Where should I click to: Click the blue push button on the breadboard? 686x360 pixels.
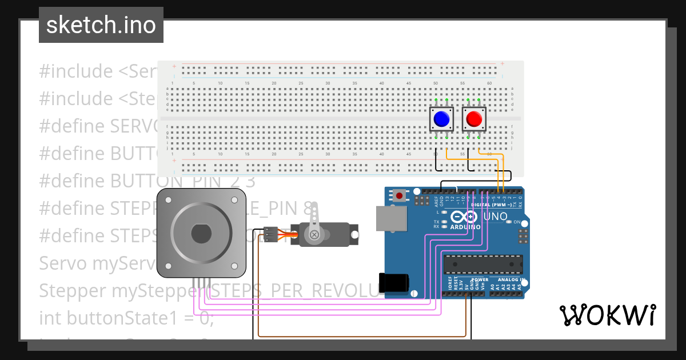[441, 119]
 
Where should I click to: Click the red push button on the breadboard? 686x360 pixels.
[474, 119]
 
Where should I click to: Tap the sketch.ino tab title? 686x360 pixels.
[101, 25]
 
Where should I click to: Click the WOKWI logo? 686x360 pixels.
[607, 315]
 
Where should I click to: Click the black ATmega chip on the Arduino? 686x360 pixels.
[483, 265]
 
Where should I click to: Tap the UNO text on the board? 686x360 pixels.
[496, 217]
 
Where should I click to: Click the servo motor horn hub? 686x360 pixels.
[313, 234]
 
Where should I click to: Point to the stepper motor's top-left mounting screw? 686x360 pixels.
[168, 200]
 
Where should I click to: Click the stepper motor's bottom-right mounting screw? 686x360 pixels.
[234, 266]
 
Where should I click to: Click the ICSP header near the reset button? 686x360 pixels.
[422, 201]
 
